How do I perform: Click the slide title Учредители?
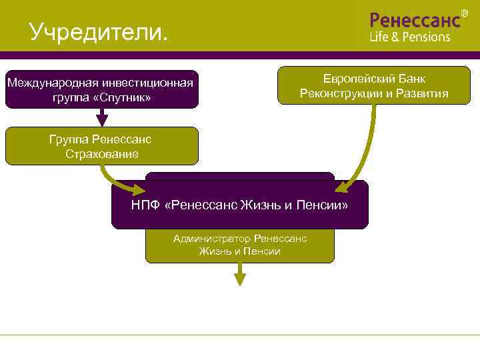tap(99, 31)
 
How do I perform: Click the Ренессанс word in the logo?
tap(415, 19)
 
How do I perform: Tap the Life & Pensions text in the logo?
tap(410, 37)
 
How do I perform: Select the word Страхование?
tap(102, 154)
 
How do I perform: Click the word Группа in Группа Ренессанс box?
tap(69, 139)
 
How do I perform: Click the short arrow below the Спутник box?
tap(102, 117)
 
